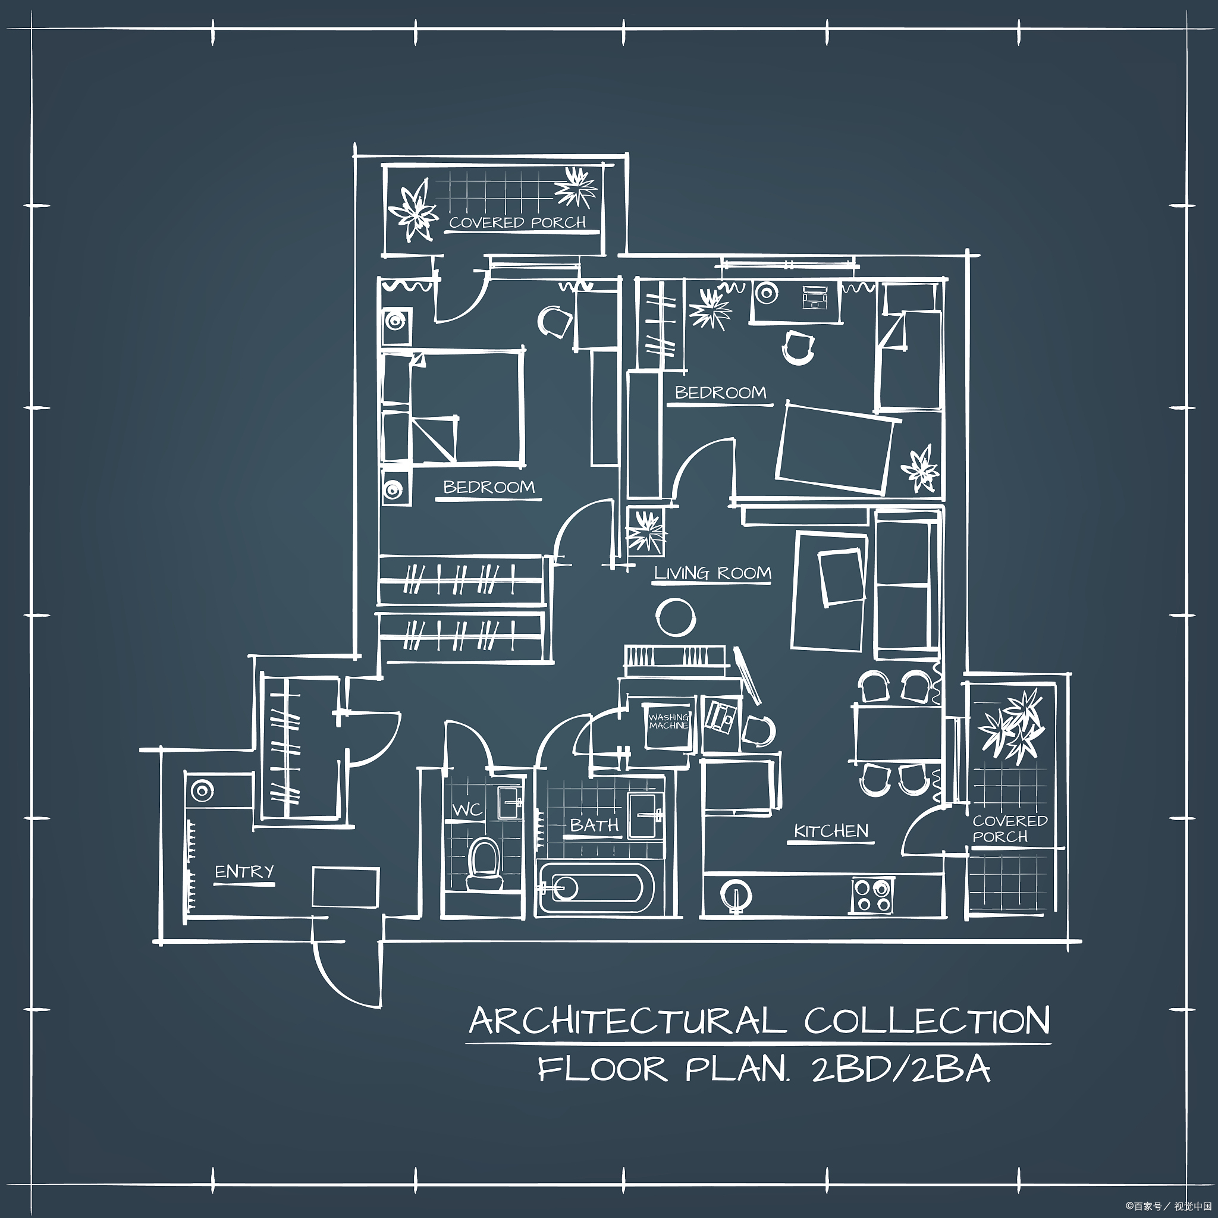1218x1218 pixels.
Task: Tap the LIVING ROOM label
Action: (712, 573)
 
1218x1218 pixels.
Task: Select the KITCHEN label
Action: (831, 831)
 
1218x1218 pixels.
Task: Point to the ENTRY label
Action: (244, 872)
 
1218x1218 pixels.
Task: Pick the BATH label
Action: (595, 825)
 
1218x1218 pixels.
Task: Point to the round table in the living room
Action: (675, 617)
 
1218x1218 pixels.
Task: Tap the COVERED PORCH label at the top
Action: (517, 222)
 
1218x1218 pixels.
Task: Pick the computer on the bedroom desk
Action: (815, 297)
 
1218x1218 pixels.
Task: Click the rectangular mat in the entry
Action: (346, 886)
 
